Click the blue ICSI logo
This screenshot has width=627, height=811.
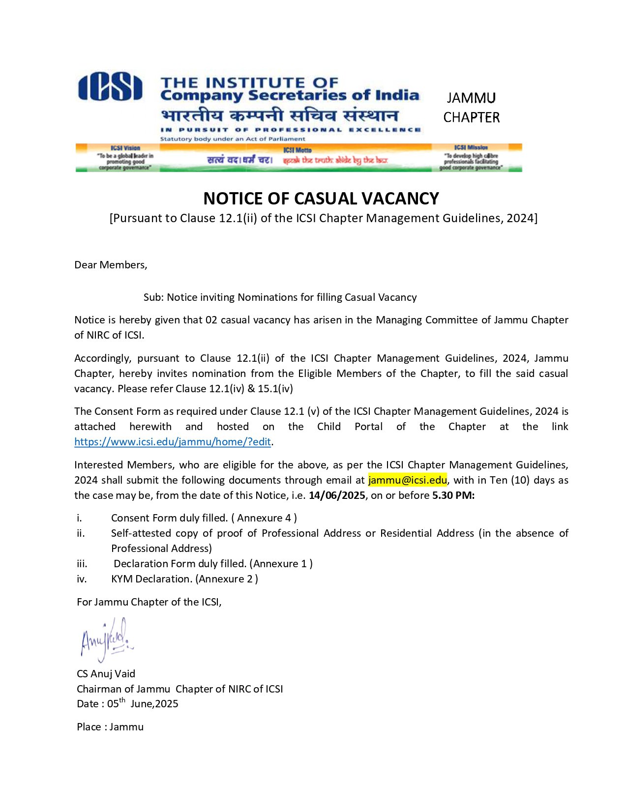[x=110, y=87]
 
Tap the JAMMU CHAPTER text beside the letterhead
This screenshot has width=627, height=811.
[x=471, y=108]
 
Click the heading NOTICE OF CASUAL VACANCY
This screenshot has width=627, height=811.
[x=321, y=198]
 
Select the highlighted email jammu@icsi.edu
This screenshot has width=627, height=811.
[x=407, y=480]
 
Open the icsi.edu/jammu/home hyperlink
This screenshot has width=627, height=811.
[x=173, y=441]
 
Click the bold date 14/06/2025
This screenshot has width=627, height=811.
[x=337, y=495]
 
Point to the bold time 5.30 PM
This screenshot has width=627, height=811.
[x=453, y=495]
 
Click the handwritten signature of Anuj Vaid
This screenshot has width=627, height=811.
[x=105, y=639]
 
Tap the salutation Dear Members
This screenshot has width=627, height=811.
[x=111, y=265]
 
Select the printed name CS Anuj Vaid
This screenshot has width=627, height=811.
[x=106, y=673]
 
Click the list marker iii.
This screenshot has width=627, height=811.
[x=82, y=563]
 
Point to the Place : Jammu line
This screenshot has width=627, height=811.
[x=110, y=726]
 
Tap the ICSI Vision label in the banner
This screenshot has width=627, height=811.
[x=125, y=147]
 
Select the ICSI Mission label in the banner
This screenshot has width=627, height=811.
[x=471, y=147]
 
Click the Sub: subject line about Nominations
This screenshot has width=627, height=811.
[x=280, y=297]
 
